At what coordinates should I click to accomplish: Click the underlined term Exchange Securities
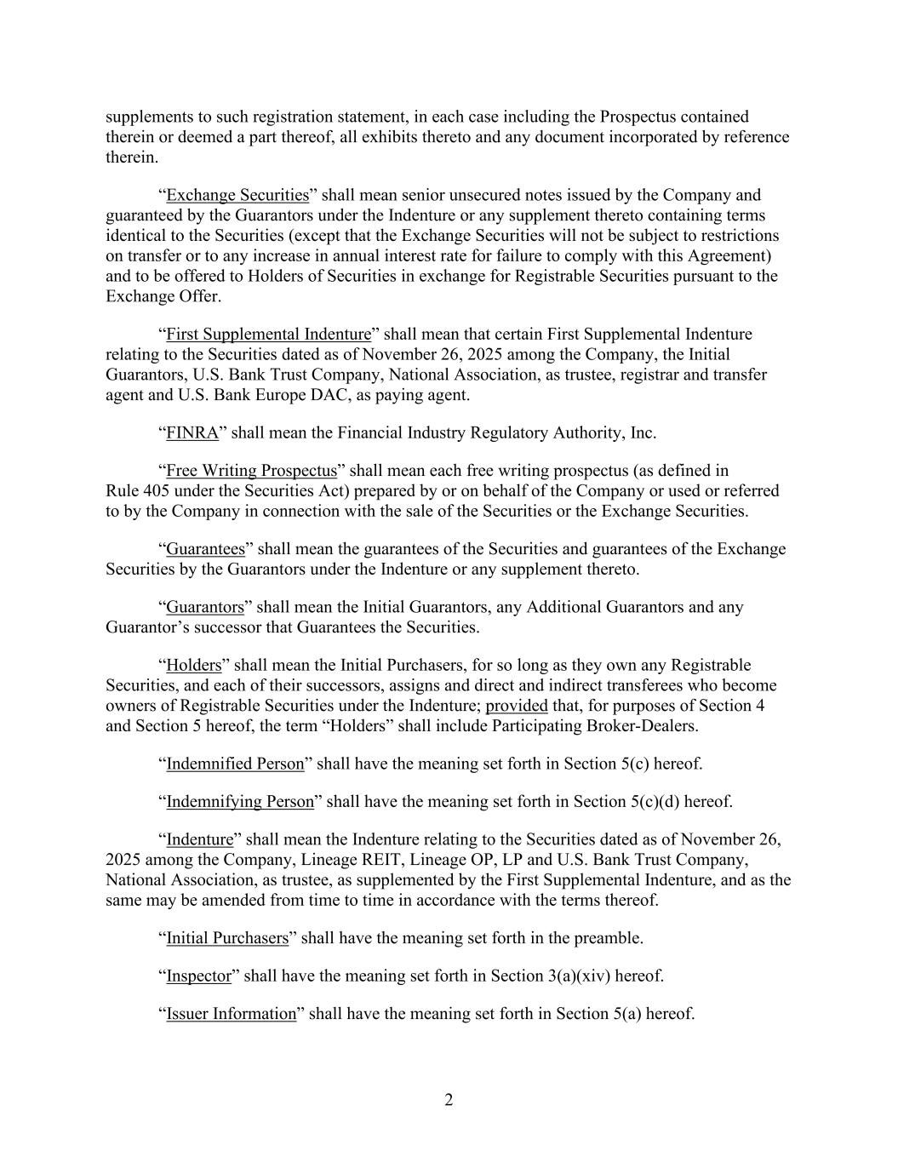point(237,195)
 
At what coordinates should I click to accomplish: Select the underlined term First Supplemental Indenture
point(268,334)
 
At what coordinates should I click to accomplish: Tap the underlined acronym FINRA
point(192,432)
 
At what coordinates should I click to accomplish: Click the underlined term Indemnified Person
point(235,764)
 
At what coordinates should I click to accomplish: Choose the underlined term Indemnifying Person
point(240,801)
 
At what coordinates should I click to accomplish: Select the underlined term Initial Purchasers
point(227,938)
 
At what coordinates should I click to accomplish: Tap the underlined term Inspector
point(198,976)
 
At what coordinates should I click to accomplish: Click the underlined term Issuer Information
point(231,1013)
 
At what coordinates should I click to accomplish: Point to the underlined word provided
point(517,706)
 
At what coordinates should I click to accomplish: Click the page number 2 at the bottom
point(449,1100)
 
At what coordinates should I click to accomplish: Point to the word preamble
point(610,938)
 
